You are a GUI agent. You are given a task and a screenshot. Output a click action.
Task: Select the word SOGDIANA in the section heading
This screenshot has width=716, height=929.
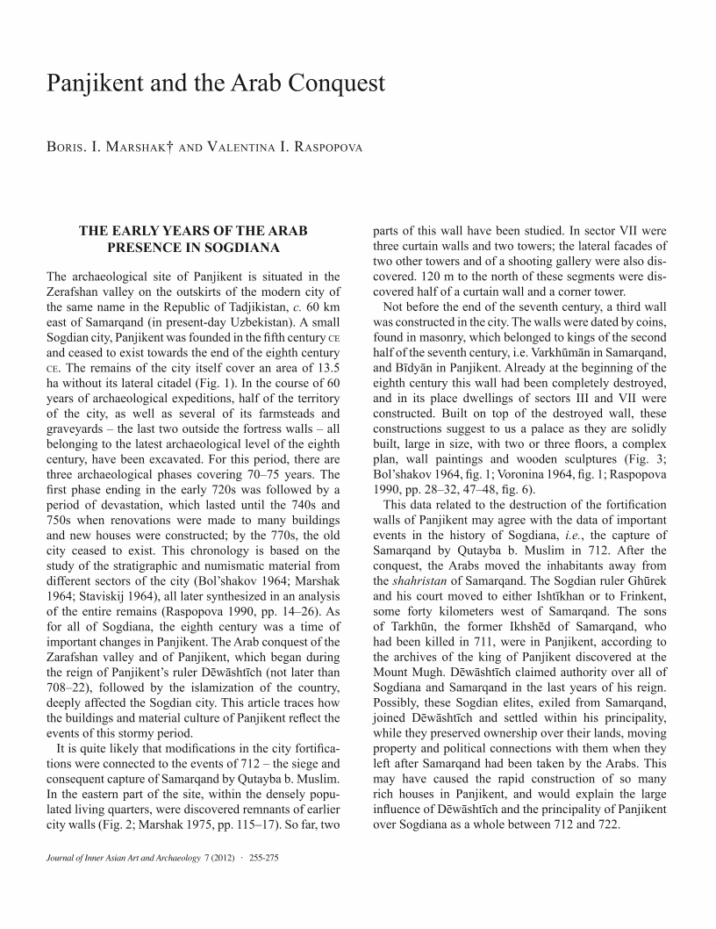(x=235, y=248)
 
